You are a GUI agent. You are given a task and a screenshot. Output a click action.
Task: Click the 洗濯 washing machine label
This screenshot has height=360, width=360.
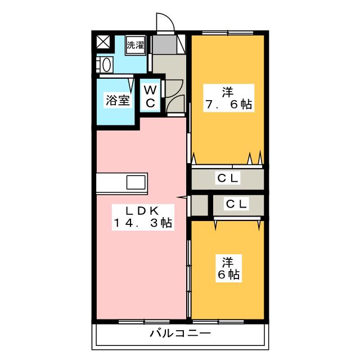pos(136,45)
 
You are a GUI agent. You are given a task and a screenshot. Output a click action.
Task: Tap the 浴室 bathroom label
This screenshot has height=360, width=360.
pos(118,100)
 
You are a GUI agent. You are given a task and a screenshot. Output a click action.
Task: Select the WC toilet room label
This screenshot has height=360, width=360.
pos(150,96)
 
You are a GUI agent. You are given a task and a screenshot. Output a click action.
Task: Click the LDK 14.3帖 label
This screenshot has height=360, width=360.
pos(143,217)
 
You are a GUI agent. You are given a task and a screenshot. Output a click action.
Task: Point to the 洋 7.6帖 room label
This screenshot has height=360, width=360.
pos(228,98)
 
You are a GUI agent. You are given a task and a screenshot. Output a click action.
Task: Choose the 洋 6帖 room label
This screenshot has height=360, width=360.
pos(228,268)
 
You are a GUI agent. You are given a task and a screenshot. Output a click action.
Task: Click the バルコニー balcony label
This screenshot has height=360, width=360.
pos(180,333)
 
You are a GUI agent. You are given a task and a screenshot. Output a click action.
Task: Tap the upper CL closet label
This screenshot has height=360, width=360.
pos(228,178)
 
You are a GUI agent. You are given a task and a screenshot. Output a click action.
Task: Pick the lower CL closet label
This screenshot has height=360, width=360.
pos(236,204)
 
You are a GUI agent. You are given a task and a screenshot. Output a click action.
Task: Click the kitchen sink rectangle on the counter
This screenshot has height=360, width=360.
pos(136,182)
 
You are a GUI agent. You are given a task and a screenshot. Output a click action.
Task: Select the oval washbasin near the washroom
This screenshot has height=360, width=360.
pos(106,65)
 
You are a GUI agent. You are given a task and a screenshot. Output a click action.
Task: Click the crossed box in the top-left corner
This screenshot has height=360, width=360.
pos(103,42)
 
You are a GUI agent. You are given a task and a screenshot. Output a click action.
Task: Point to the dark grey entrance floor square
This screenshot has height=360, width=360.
pos(165,44)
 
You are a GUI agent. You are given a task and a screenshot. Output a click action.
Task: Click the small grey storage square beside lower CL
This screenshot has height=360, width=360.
pos(200,205)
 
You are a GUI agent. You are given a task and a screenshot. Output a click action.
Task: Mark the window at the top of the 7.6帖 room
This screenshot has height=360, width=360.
pos(227,33)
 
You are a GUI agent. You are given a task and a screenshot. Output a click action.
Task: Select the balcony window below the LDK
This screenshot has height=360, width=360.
pos(144,322)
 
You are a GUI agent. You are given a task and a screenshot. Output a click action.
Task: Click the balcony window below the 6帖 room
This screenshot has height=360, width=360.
pos(218,322)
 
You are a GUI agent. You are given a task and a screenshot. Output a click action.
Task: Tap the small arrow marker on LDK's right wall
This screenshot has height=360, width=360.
pos(181,197)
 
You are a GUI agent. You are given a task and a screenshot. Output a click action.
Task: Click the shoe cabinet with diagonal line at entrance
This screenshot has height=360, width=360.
pos(181,44)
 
